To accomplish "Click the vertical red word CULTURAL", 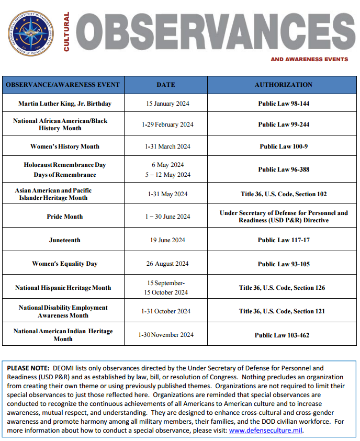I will (66, 32).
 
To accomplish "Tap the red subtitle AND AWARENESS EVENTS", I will (309, 59).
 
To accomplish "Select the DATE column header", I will (166, 85).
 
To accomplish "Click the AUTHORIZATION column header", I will (283, 85).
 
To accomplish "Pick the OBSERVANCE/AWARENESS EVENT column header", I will (63, 85).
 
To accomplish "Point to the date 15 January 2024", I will (167, 104).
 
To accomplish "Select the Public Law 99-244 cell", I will (284, 125).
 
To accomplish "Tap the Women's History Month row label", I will (65, 146).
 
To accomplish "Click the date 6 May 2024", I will (167, 165).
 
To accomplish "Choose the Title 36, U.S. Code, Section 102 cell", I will (284, 194).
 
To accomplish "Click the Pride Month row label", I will (65, 217).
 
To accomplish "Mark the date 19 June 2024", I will (167, 240).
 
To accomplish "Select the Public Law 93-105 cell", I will (284, 264).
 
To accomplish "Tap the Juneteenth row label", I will (65, 240).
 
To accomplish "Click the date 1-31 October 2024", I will (166, 311).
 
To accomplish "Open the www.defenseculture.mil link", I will (266, 431).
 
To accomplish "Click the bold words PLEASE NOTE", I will (28, 368).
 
